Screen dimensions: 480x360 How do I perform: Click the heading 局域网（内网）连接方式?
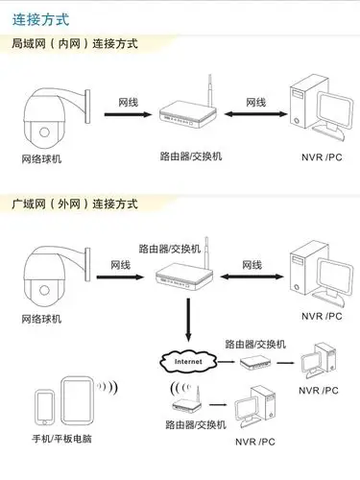74,44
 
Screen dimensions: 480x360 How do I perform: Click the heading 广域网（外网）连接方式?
74,204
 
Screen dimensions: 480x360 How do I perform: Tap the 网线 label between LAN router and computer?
256,101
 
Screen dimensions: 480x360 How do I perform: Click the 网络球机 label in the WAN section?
41,319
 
